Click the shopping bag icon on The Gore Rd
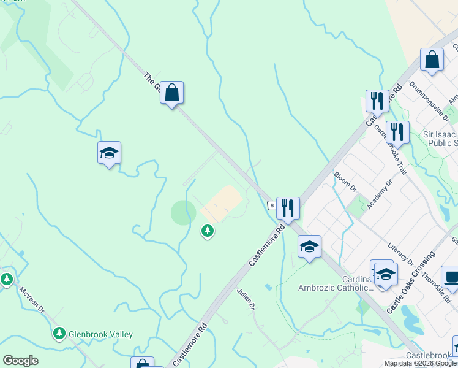point(172,93)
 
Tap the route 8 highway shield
point(271,205)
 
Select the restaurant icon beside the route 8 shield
point(288,208)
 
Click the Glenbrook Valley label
point(100,335)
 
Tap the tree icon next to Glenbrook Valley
point(59,334)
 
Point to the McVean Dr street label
point(32,301)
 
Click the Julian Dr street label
point(246,299)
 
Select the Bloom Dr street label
point(345,181)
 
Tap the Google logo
point(20,361)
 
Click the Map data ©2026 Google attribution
point(420,363)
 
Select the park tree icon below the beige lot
point(208,231)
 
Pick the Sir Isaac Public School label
point(440,139)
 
